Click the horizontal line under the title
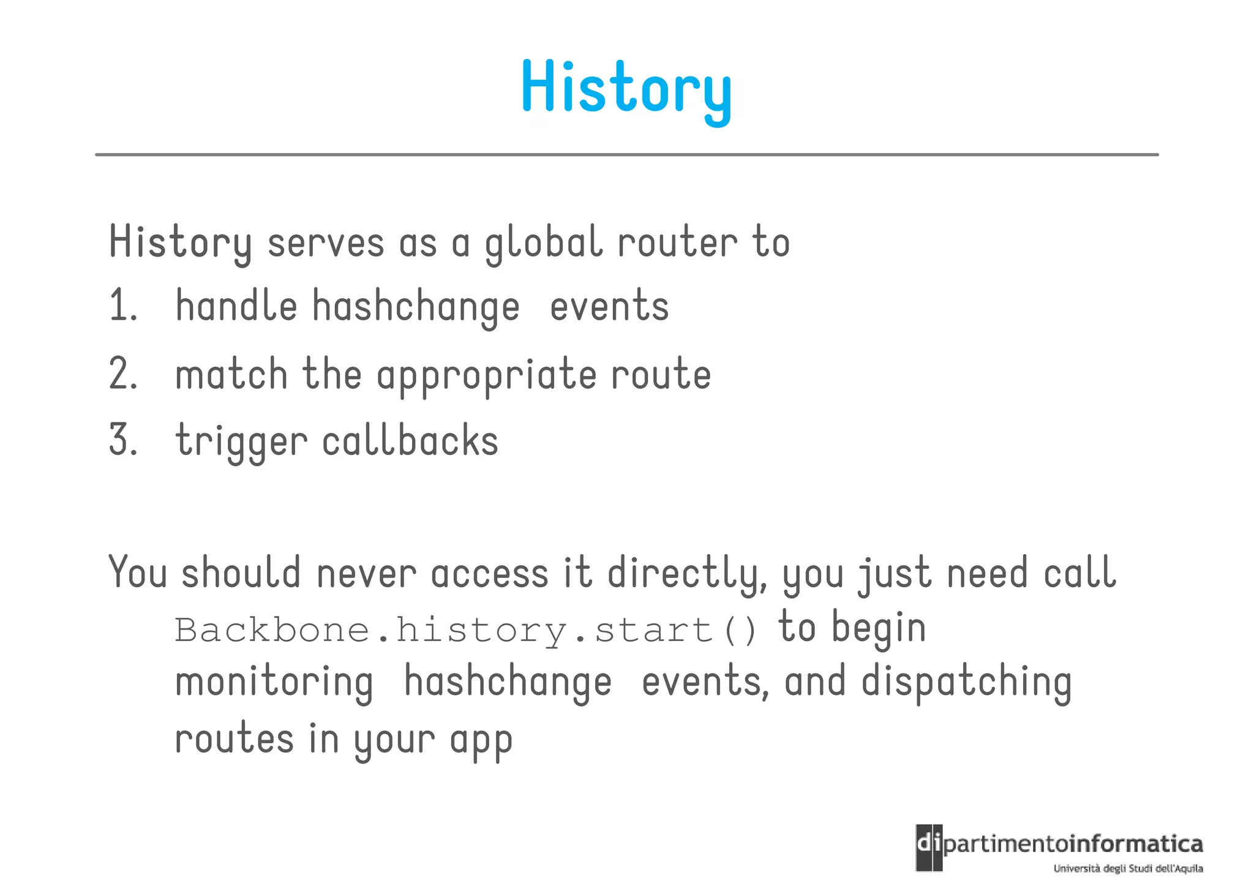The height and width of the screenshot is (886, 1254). [x=626, y=155]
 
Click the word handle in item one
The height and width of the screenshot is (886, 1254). [x=236, y=306]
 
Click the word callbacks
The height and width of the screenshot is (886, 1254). [x=410, y=441]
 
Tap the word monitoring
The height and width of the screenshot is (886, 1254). [x=274, y=683]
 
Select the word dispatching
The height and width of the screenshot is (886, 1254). [x=966, y=683]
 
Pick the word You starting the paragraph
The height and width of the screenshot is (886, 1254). [x=138, y=573]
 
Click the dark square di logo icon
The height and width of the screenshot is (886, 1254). [x=929, y=847]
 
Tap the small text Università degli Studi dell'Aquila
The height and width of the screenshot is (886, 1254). [x=1128, y=868]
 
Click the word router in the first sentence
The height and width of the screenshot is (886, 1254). [x=677, y=243]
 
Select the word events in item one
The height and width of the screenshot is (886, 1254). [x=609, y=306]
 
